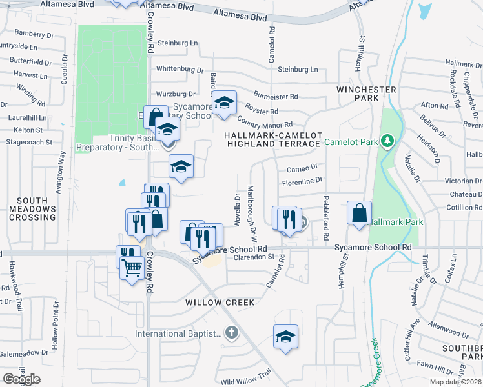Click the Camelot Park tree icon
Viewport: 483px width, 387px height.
[387, 141]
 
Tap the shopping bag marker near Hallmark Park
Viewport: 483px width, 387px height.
[359, 213]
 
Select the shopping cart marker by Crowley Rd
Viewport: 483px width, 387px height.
[132, 267]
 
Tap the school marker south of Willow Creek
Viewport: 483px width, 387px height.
[285, 337]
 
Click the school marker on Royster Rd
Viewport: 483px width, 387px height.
[224, 103]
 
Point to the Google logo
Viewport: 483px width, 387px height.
[21, 379]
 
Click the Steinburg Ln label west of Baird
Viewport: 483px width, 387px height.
[177, 43]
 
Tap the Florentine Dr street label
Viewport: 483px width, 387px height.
[302, 183]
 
